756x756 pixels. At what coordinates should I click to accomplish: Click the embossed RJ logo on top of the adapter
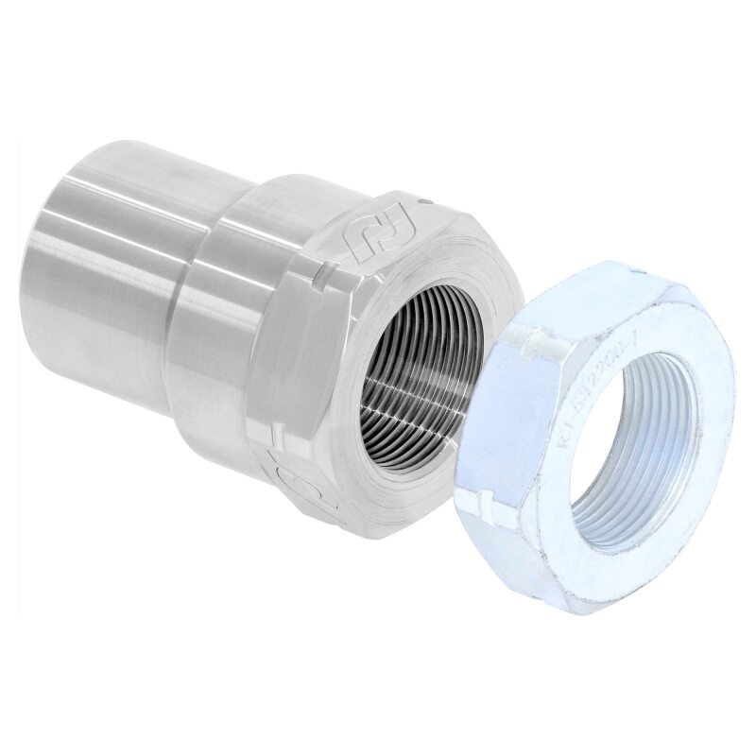click(x=370, y=238)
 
